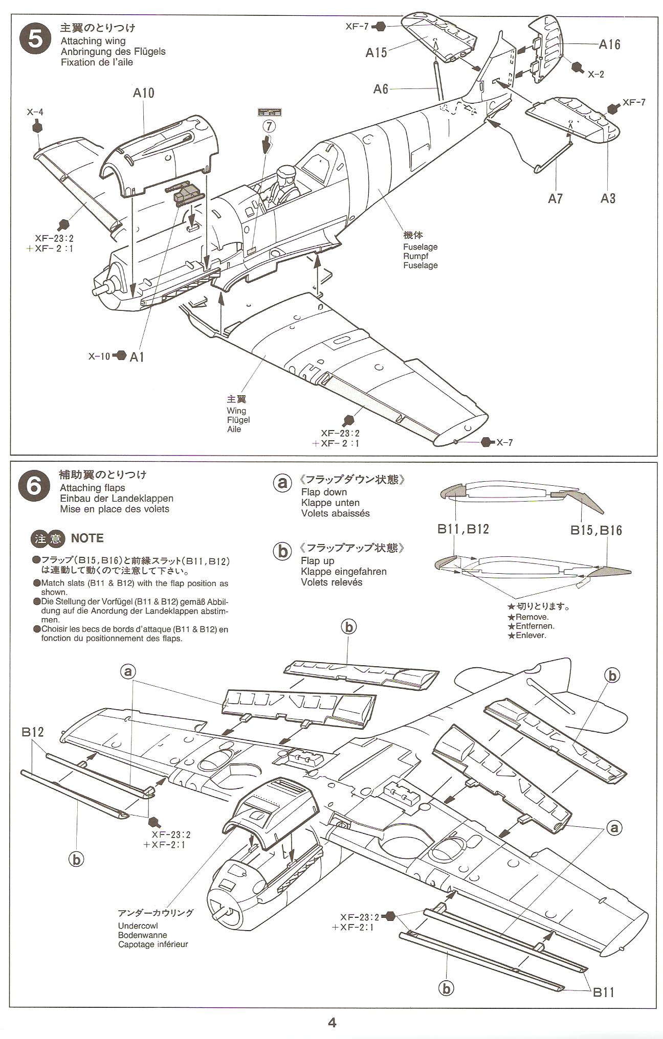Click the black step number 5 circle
(35, 39)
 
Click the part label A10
(143, 93)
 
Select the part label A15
(376, 53)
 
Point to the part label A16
(609, 45)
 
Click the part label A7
(555, 198)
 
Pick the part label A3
(608, 198)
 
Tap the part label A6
(381, 89)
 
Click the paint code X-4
(35, 112)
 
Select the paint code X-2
(595, 75)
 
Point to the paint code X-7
(504, 442)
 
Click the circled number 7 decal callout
(270, 125)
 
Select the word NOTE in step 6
(87, 538)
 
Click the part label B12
(33, 732)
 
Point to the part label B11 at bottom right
(603, 992)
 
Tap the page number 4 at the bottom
(332, 1023)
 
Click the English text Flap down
(324, 492)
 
